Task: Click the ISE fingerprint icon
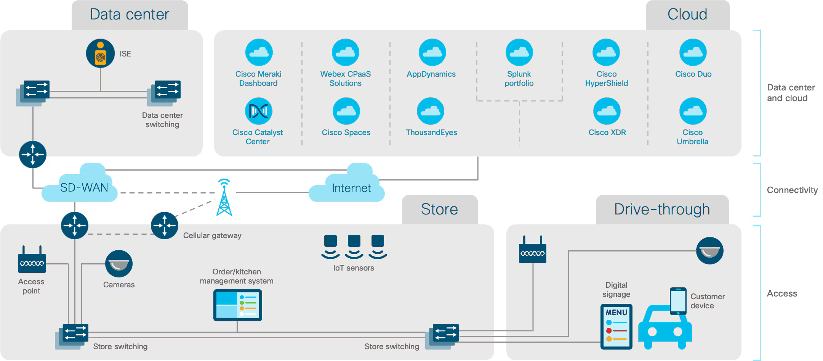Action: [x=100, y=53]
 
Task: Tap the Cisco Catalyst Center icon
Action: [x=258, y=111]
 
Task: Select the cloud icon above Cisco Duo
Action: [x=693, y=52]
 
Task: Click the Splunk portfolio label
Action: [x=519, y=79]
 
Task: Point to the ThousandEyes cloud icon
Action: [x=431, y=111]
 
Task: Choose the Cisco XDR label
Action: [x=607, y=132]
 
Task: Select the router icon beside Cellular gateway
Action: [x=165, y=226]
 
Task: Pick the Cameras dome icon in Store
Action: [x=119, y=264]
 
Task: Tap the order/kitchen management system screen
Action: [x=237, y=305]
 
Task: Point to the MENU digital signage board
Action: [x=616, y=327]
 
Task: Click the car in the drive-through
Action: [x=665, y=327]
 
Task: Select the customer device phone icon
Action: [x=678, y=301]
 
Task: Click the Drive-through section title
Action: [x=662, y=209]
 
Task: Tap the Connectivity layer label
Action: [x=792, y=190]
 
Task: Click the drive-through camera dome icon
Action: [x=709, y=251]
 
